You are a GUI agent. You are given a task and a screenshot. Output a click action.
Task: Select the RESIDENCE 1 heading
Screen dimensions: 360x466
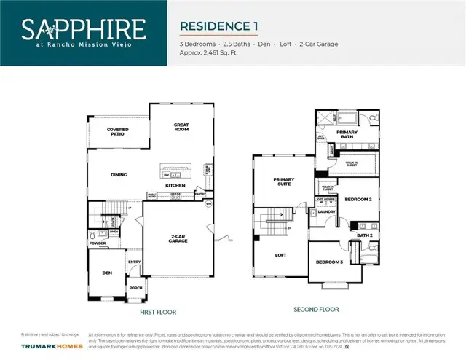click(x=219, y=26)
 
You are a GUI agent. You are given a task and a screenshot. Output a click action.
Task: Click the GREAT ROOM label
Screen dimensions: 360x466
click(x=181, y=127)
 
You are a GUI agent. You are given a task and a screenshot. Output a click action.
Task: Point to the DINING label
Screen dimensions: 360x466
click(x=119, y=175)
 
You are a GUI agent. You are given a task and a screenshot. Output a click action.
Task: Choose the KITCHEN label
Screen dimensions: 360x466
click(x=175, y=186)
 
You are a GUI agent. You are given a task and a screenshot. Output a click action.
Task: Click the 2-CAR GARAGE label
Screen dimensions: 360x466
click(x=178, y=238)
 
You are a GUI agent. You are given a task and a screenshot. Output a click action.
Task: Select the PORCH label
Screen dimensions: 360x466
click(x=135, y=287)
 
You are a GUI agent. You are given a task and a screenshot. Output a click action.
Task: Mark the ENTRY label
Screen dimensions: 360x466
click(x=135, y=262)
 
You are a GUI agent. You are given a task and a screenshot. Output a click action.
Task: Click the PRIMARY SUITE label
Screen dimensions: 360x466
click(x=283, y=181)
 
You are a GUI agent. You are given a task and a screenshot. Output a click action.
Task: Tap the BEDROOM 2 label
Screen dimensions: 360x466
click(x=358, y=199)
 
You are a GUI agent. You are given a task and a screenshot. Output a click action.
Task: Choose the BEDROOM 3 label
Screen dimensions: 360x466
click(x=329, y=262)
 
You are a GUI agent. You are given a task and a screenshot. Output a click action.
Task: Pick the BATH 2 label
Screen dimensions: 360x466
click(x=364, y=235)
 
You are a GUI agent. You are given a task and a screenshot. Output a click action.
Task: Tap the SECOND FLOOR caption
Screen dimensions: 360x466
click(x=316, y=310)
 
